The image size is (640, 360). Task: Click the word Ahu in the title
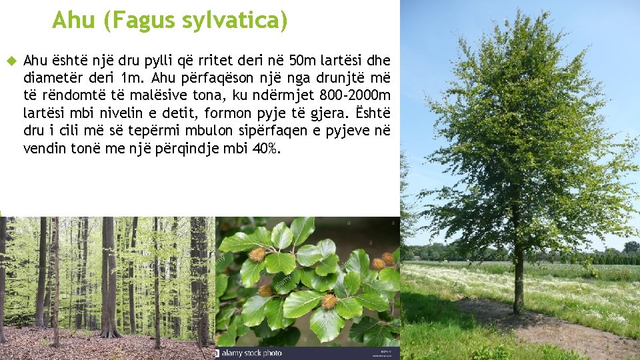tap(73, 21)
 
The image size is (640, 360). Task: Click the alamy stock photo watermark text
tap(251, 353)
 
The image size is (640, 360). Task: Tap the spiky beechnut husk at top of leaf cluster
tap(257, 254)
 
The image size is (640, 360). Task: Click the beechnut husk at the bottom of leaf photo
tap(329, 302)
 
